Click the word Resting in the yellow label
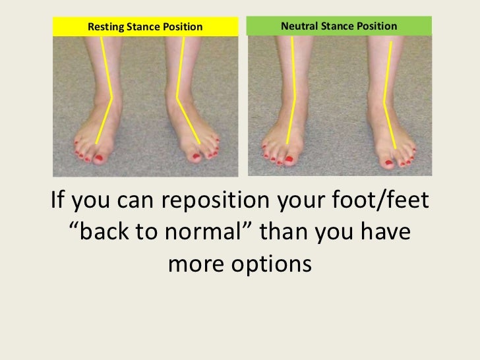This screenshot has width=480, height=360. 106,27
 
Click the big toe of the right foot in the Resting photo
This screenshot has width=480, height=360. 195,156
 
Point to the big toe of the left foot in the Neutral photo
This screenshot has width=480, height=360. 288,158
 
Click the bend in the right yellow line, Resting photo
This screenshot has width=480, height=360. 177,99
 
